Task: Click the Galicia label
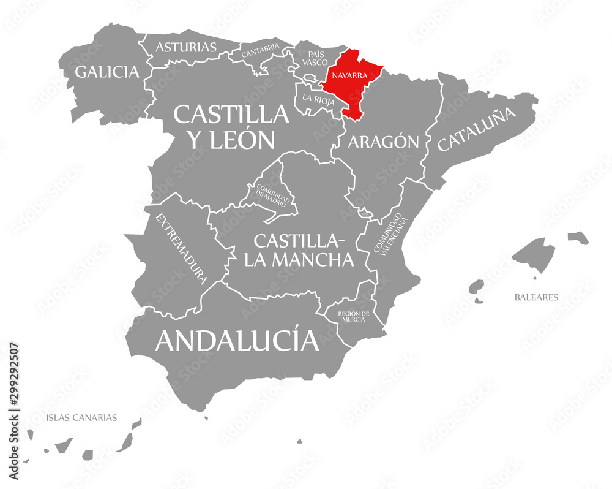(107, 72)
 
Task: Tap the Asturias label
(186, 47)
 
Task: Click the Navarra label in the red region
(349, 75)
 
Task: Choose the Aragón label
(384, 142)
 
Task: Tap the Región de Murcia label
(353, 316)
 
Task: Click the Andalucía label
(237, 340)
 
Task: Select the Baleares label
(535, 297)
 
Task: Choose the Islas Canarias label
(81, 418)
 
